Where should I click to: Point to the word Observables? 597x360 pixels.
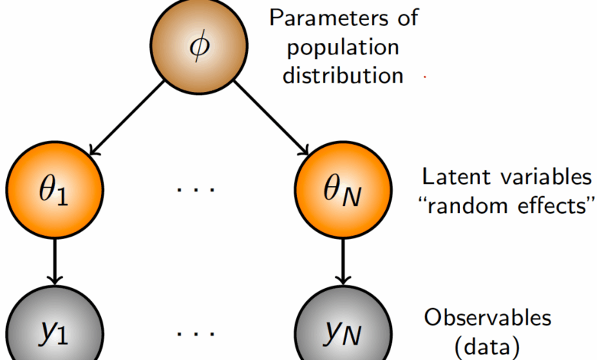[x=488, y=317]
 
